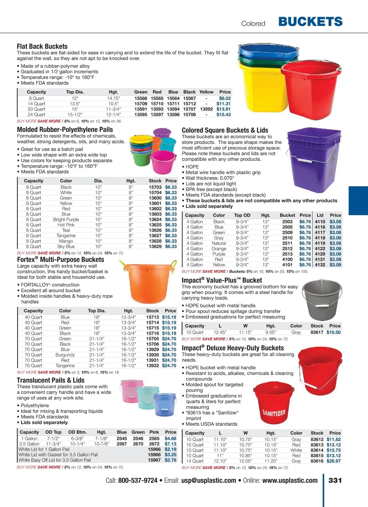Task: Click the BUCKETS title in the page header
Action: click(x=310, y=22)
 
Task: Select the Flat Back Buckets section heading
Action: click(x=42, y=47)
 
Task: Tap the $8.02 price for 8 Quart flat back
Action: click(x=225, y=98)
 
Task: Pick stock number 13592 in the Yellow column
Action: click(x=206, y=109)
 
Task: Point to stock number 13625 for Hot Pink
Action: click(x=155, y=225)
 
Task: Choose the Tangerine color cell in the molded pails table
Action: click(x=66, y=236)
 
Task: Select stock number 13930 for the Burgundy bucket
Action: click(x=152, y=355)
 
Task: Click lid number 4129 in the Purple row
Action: click(x=320, y=254)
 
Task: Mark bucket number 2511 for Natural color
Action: click(x=287, y=243)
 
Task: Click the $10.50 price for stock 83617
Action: click(x=333, y=332)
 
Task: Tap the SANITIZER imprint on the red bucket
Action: click(x=274, y=413)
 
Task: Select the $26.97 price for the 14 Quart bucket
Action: click(x=333, y=461)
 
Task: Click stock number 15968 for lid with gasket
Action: click(x=154, y=455)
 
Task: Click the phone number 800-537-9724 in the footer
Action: click(x=138, y=480)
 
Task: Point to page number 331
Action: click(x=335, y=480)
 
